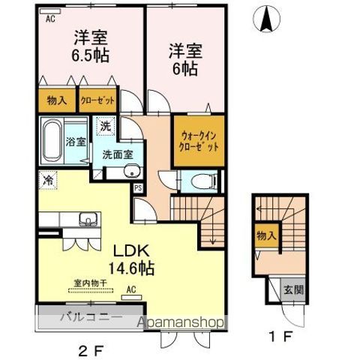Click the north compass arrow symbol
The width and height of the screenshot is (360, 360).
pos(266,19)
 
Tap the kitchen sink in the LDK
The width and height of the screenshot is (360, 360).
pos(84,219)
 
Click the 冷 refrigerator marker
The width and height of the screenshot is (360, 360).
pos(48,181)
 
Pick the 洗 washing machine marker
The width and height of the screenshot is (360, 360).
pos(106,127)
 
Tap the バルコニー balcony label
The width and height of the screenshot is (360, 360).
pos(91,316)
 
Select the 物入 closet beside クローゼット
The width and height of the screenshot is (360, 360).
pos(56,100)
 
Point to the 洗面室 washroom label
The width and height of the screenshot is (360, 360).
pos(118,154)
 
